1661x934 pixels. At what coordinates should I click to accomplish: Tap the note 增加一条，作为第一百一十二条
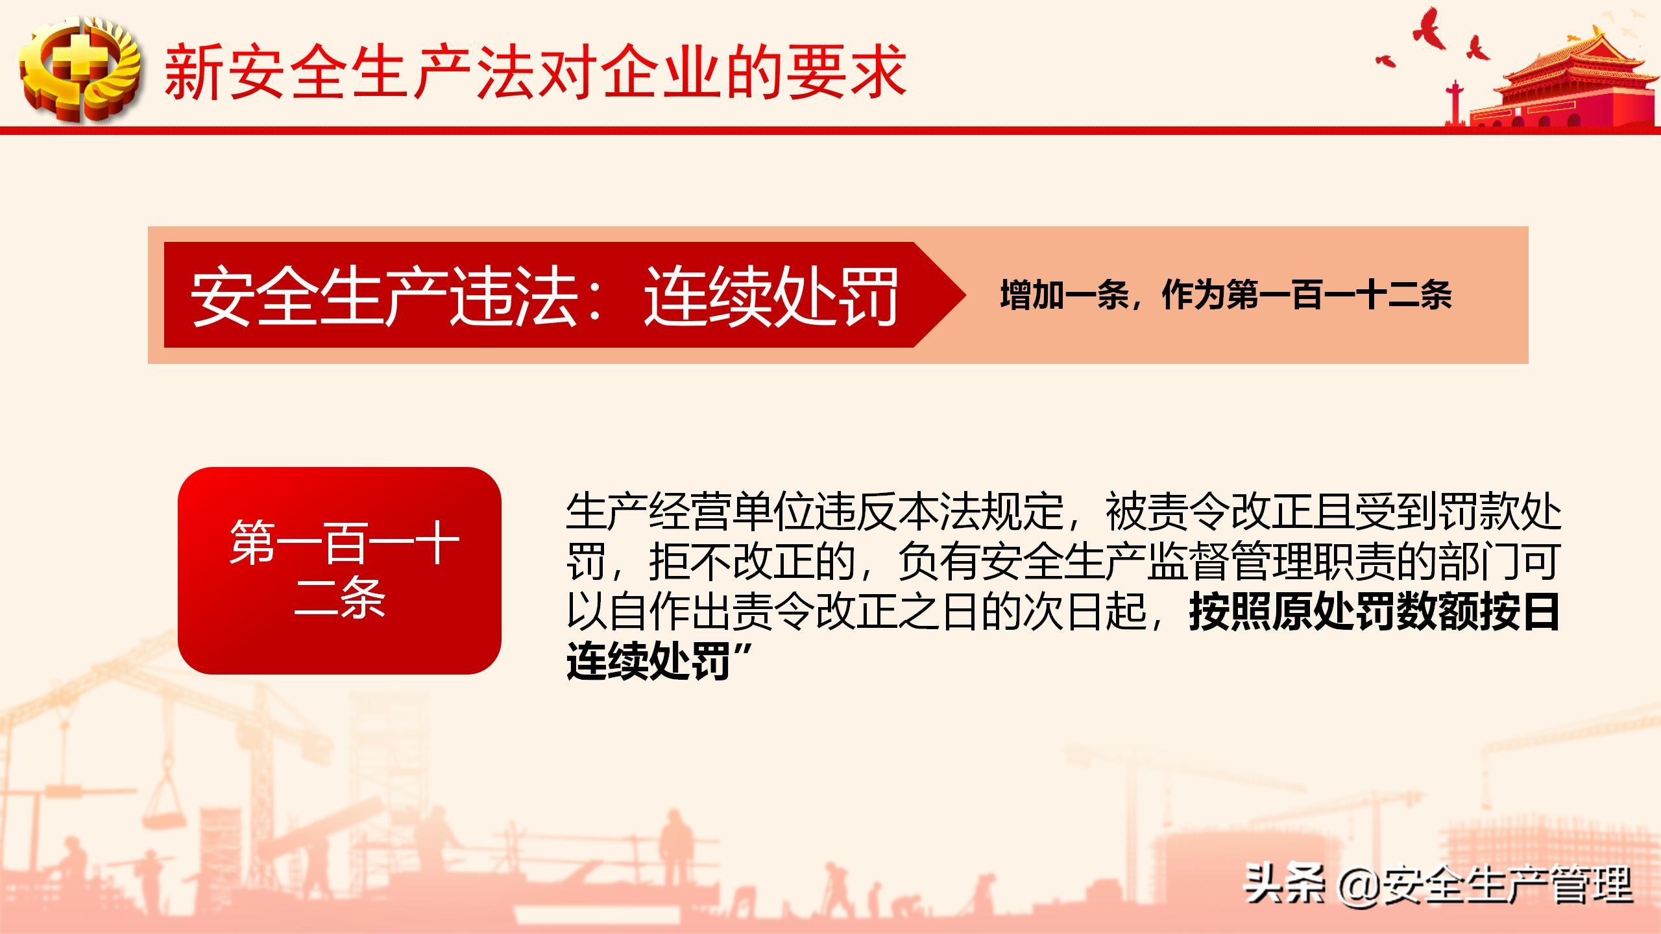coord(1226,295)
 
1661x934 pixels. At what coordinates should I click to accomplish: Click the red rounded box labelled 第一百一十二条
coord(339,570)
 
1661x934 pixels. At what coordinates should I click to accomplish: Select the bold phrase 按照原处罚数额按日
coord(1374,612)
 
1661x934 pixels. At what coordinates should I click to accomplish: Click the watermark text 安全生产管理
coord(1505,885)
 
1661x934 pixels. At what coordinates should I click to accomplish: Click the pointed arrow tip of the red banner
coord(965,295)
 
